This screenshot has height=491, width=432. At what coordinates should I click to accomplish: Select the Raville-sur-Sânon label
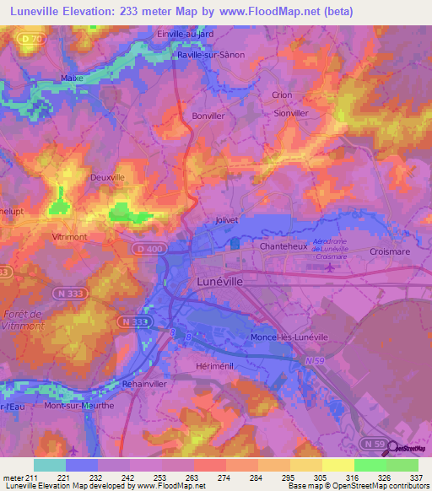coord(211,55)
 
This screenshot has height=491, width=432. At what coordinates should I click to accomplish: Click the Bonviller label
coord(209,116)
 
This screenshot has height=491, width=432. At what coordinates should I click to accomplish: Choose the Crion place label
coord(282,95)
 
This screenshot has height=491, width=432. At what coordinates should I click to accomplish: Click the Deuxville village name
coord(107,178)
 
